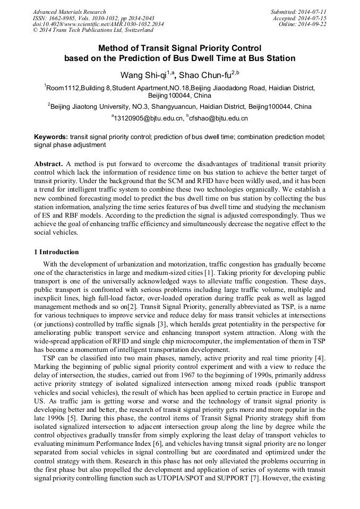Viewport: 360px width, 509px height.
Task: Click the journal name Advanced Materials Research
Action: coord(69,12)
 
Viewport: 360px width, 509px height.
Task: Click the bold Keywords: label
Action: coord(51,137)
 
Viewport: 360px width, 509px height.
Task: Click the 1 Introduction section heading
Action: coord(56,252)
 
